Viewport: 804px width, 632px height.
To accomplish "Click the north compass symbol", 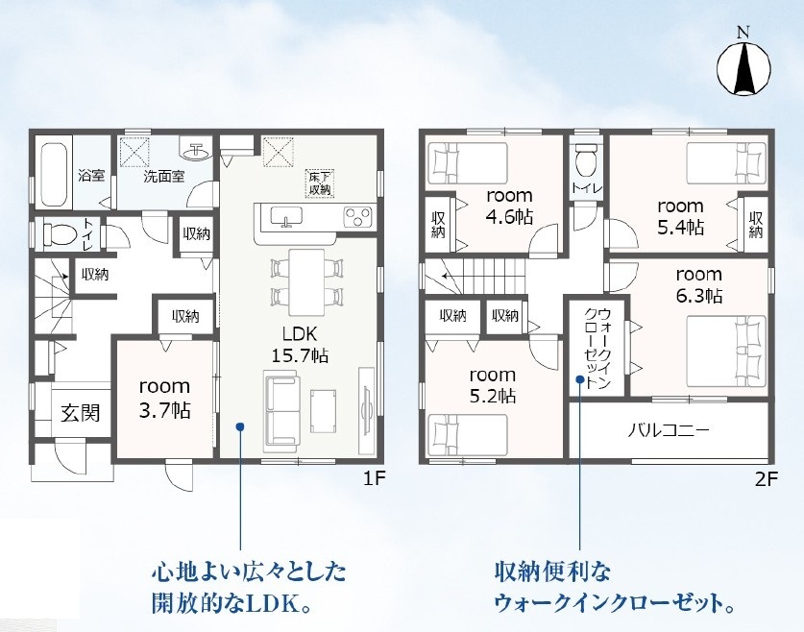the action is point(743,69).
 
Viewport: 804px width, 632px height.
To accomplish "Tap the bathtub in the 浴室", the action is point(54,174).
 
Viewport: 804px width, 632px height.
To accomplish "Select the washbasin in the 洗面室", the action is point(196,150).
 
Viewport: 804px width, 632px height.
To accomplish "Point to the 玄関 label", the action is point(81,413).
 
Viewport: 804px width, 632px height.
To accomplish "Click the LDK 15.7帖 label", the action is point(300,345).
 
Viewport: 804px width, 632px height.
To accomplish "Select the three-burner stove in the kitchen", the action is point(357,216).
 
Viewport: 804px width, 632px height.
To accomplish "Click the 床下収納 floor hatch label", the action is point(320,183).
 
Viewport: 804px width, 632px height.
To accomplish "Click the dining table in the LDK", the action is point(306,282).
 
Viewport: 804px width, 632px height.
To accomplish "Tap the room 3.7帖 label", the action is point(164,399).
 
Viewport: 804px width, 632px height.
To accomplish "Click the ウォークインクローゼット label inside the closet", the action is point(597,349).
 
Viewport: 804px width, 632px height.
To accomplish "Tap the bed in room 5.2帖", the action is point(468,433).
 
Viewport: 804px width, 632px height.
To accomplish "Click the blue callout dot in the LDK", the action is point(240,425).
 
